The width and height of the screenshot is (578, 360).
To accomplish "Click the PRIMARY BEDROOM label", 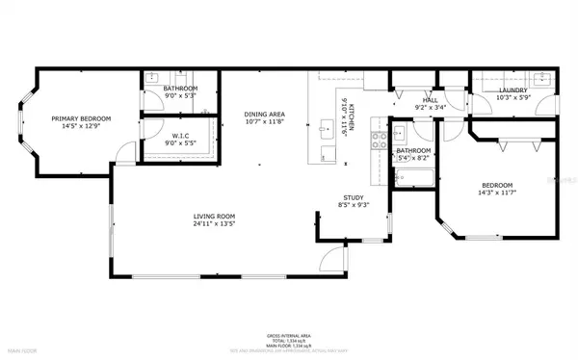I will point(82,118).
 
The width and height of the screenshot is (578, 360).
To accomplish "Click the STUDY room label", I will point(354,197).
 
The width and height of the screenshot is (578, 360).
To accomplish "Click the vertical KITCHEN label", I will point(352,116).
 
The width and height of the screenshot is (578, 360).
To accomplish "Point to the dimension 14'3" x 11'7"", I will point(497,193).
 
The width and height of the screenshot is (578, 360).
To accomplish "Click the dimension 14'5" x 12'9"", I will point(82,126).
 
